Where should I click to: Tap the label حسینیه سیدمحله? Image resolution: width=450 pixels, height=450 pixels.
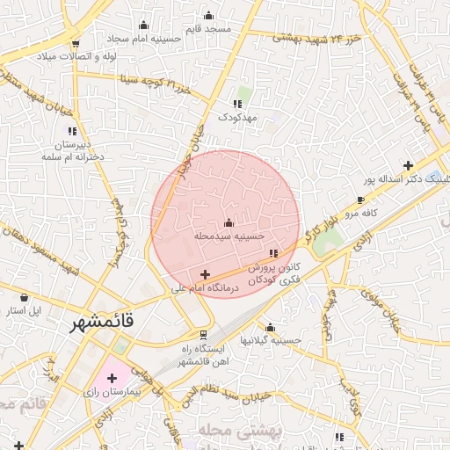(x=229, y=236)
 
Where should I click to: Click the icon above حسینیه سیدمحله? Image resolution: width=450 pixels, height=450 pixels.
(x=229, y=222)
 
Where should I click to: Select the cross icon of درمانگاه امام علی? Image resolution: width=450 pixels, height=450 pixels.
(x=205, y=274)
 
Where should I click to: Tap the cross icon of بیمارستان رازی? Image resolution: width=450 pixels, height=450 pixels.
(x=112, y=378)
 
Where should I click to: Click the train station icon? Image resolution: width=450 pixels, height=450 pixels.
(x=203, y=334)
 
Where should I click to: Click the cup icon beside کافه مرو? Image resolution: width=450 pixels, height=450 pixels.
(x=360, y=200)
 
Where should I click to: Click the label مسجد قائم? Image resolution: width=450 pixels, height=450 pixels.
(x=209, y=28)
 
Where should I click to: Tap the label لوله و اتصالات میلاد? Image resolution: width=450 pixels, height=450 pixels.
(x=76, y=56)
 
